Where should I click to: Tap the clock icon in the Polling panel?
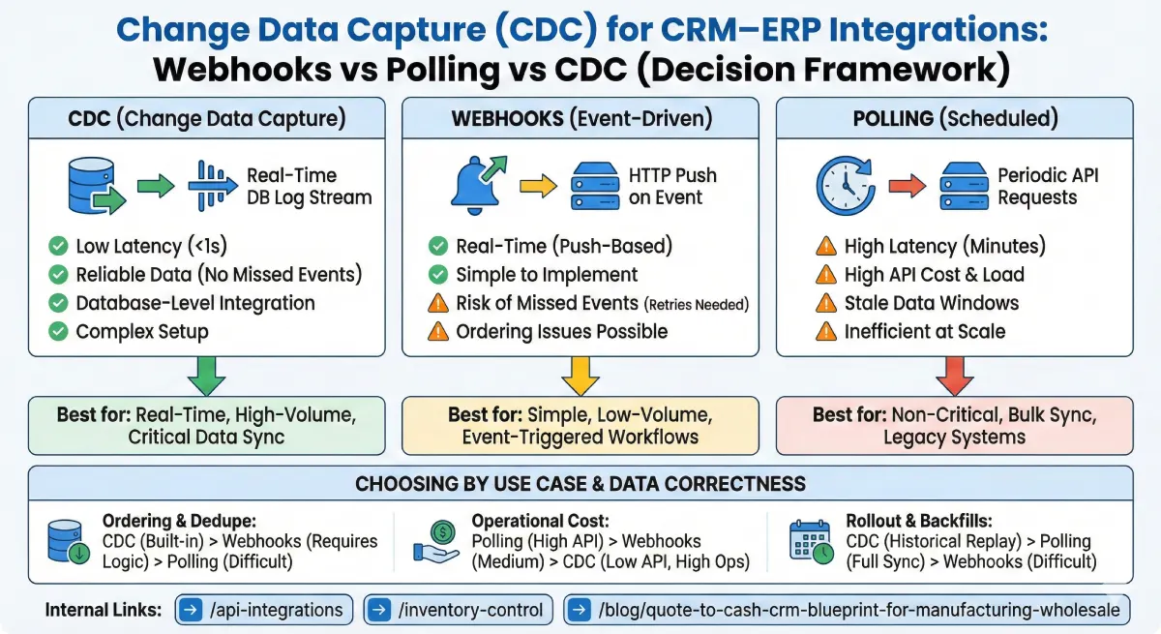point(846,186)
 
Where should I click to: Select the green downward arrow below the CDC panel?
point(208,375)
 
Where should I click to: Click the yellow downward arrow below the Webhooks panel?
point(581,375)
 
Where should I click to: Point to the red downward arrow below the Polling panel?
point(953,375)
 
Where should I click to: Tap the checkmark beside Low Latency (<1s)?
point(57,246)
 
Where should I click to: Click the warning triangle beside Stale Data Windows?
point(825,303)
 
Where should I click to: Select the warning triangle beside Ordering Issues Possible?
point(437,331)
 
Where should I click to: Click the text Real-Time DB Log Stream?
point(308,187)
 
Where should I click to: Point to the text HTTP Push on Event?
point(672,187)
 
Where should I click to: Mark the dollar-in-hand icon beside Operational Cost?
point(437,541)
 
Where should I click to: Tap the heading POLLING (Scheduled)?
point(953,119)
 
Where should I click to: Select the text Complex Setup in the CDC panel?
point(142,331)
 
